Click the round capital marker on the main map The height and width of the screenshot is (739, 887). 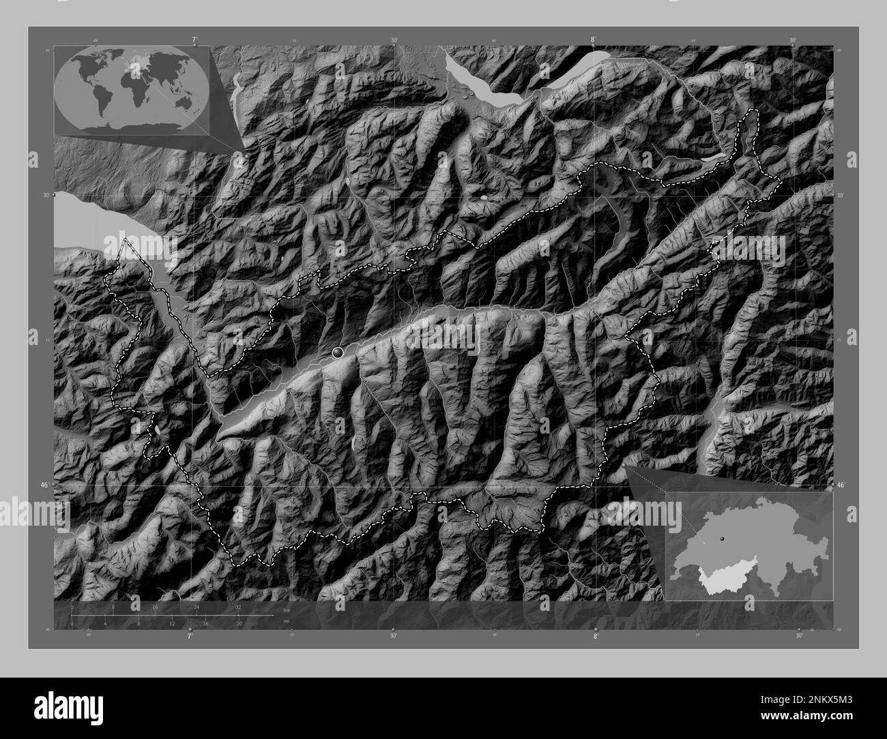[337, 352]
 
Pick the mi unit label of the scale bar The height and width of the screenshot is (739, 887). [287, 620]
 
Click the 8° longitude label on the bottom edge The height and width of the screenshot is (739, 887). [596, 635]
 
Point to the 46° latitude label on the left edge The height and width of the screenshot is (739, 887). [44, 485]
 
